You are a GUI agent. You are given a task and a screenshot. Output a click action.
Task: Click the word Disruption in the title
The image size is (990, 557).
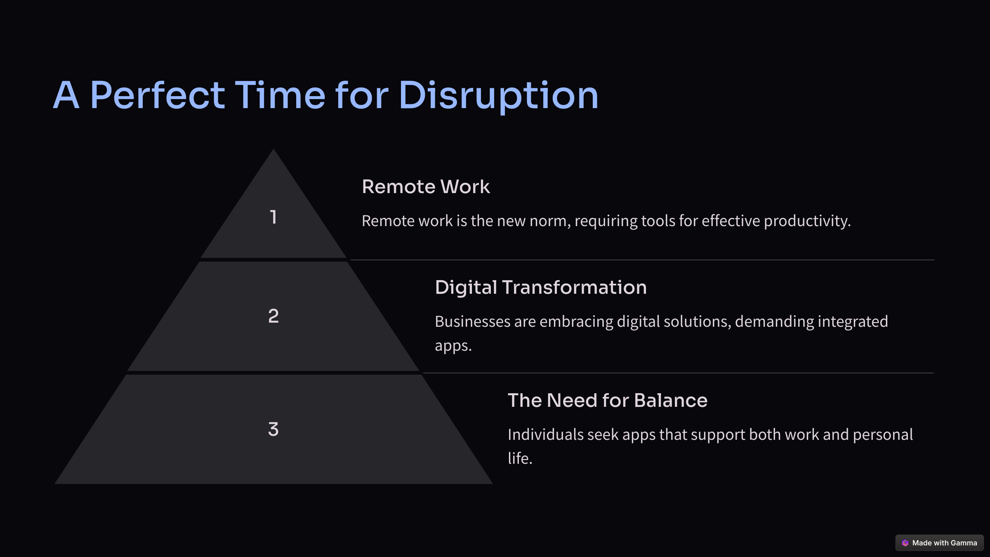(x=498, y=96)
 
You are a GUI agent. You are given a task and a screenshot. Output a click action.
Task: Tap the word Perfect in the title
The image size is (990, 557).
(x=157, y=95)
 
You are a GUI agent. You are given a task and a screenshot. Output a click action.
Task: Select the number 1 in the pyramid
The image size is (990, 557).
(x=273, y=217)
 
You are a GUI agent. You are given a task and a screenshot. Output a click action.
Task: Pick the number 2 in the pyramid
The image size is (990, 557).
(x=273, y=316)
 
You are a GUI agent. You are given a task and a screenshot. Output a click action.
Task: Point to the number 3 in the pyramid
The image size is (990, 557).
(x=273, y=429)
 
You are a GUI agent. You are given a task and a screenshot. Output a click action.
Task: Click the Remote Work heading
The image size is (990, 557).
(x=426, y=186)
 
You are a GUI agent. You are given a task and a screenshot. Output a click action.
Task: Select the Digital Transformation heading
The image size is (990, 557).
(x=541, y=287)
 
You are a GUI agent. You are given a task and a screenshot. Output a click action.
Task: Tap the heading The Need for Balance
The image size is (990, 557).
(x=608, y=400)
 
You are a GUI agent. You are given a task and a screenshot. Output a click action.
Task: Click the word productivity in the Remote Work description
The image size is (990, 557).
(x=807, y=221)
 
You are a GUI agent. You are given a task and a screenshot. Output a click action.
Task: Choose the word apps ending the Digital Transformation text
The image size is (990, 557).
(x=453, y=346)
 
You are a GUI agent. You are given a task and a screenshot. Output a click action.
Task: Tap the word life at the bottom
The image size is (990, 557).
(x=520, y=458)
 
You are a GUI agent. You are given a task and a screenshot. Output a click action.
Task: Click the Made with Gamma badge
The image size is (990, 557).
(x=939, y=543)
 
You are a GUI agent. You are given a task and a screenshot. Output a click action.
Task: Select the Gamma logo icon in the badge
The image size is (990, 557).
(x=905, y=543)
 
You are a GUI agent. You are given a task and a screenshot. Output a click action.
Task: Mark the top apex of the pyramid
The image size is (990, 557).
(x=273, y=149)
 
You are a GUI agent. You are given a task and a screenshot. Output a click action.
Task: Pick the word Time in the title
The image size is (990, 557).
(x=280, y=95)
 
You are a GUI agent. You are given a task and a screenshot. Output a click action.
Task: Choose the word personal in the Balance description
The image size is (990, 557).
(x=883, y=435)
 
